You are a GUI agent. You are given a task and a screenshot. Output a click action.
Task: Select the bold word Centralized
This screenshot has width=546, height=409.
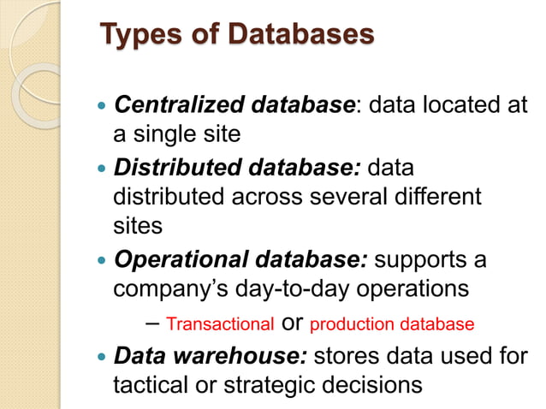point(175,105)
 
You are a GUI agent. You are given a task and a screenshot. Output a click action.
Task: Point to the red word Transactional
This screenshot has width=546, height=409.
point(220,324)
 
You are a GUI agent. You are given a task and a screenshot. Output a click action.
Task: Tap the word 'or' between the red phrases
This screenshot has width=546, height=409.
point(292,324)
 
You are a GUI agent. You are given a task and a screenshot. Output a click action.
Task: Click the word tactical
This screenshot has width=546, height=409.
point(150,385)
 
